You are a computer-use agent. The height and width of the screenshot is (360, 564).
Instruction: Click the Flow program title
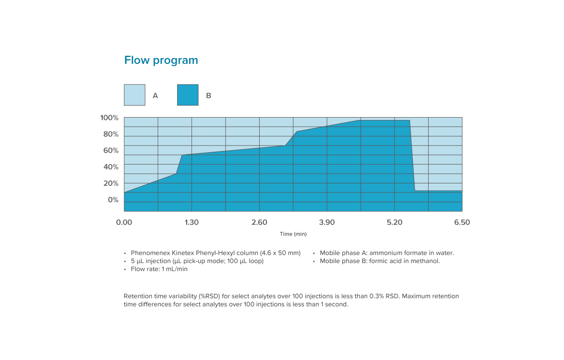161,60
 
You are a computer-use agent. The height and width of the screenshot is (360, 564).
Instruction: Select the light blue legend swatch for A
134,95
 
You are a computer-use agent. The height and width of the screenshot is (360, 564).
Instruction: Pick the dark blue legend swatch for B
188,95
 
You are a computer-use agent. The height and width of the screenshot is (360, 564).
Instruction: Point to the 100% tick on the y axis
109,118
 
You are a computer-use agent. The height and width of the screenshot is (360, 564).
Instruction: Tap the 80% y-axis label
111,134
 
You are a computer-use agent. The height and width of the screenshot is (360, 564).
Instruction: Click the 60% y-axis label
111,151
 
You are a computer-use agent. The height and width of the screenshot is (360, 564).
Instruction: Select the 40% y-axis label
111,167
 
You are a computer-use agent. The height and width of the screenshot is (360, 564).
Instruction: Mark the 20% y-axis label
111,183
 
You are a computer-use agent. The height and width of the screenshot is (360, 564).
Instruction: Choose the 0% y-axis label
113,200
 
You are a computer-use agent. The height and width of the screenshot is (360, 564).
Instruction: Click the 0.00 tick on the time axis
124,223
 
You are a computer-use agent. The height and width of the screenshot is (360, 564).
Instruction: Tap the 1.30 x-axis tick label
192,223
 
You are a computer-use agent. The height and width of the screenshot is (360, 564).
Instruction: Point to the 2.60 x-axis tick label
259,223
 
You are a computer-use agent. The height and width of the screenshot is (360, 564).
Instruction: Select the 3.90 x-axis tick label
327,223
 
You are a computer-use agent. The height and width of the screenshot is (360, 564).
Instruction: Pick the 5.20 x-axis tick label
395,223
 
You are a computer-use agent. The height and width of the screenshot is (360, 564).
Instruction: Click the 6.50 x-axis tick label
462,223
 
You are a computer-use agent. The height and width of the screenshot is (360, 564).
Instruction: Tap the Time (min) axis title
293,234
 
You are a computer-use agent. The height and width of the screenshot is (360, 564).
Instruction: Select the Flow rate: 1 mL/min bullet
159,269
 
